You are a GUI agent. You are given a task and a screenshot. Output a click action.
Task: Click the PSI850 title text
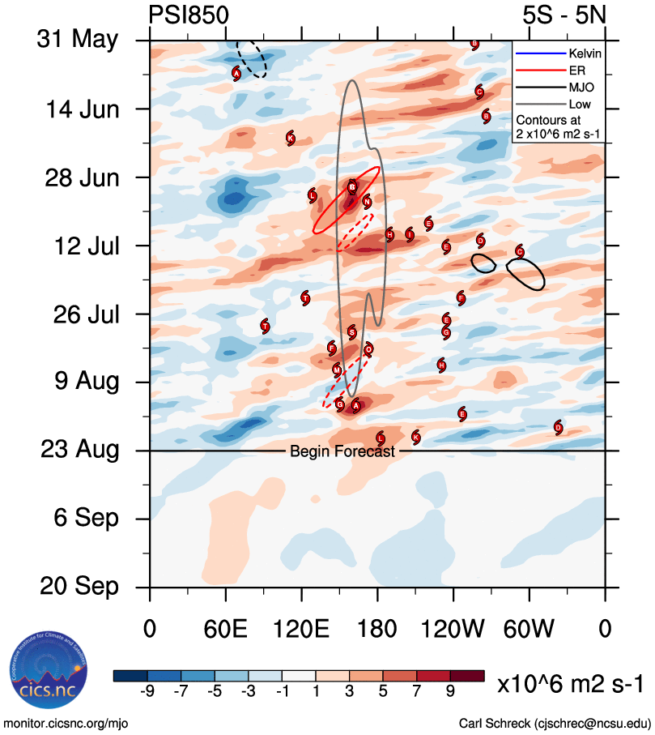pyautogui.click(x=189, y=15)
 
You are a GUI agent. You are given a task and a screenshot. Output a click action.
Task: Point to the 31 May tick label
pyautogui.click(x=78, y=40)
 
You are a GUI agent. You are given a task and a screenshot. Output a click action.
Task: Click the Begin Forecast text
pyautogui.click(x=342, y=451)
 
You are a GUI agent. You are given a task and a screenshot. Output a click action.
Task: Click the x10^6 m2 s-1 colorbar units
pyautogui.click(x=570, y=684)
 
